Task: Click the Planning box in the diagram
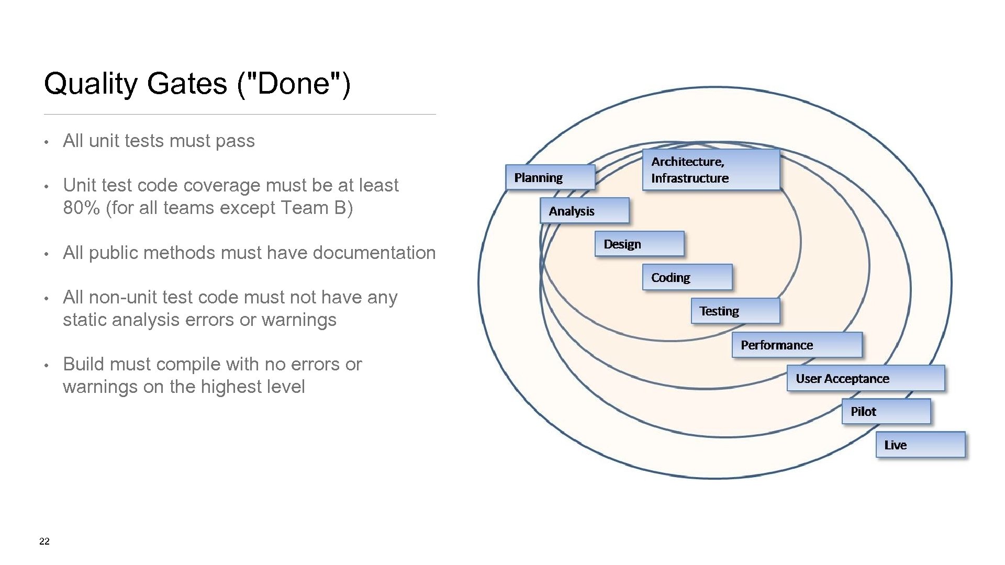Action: (550, 177)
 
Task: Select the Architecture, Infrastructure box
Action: (711, 169)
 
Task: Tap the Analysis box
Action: (584, 211)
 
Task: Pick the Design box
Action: (639, 244)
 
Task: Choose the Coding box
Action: (687, 277)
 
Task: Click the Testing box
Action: (735, 311)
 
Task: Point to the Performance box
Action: (797, 345)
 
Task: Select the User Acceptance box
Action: (865, 378)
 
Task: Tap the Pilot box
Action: (886, 412)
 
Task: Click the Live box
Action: (920, 445)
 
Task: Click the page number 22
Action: (44, 541)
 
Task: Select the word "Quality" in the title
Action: (91, 84)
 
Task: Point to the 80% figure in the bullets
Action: (81, 208)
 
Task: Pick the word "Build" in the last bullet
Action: (83, 364)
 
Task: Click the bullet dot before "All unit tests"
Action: (47, 142)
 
